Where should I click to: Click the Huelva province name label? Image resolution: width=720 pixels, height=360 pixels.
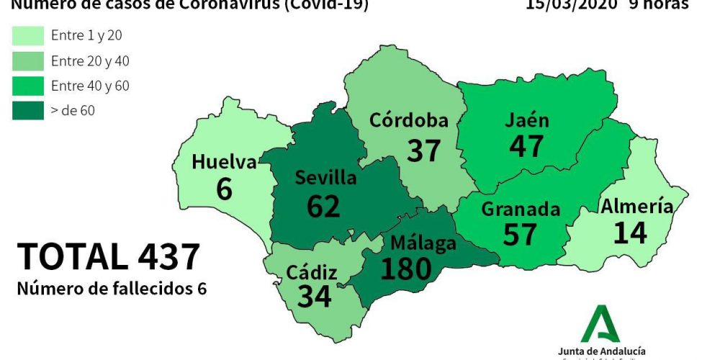click(x=224, y=163)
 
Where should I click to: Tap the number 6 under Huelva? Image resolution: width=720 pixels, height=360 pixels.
click(x=224, y=189)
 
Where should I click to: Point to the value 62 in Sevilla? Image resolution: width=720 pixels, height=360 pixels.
click(x=323, y=206)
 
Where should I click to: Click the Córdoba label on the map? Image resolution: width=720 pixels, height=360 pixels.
click(x=408, y=121)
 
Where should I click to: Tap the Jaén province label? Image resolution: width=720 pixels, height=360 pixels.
click(x=528, y=120)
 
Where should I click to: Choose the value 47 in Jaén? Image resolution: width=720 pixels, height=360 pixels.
click(x=526, y=146)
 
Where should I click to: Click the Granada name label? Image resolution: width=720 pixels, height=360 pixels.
click(x=521, y=210)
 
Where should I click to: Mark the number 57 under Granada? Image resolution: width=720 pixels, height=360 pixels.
click(x=520, y=234)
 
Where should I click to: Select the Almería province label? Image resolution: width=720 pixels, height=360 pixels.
click(x=636, y=207)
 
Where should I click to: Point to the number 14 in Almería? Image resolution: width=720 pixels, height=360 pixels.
click(x=631, y=233)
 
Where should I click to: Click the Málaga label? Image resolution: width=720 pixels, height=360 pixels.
click(x=423, y=243)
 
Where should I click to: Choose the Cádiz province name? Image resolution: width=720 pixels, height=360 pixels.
click(x=312, y=273)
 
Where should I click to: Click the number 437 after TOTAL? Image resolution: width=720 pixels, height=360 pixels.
click(x=160, y=257)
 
